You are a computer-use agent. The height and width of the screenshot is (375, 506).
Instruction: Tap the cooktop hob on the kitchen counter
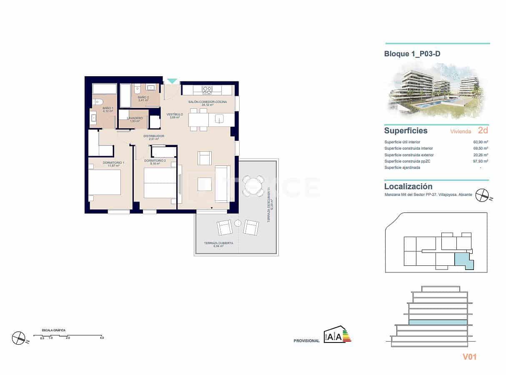[x=207, y=90]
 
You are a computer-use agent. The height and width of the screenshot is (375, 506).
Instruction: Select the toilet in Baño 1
[x=98, y=101]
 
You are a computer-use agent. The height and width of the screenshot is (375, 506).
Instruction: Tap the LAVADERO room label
[x=135, y=118]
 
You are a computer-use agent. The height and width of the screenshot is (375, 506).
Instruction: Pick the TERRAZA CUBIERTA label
[x=218, y=243]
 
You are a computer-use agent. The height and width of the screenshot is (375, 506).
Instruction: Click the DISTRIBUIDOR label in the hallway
[x=153, y=136]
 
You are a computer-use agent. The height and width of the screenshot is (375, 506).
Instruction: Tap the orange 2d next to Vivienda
[x=483, y=130]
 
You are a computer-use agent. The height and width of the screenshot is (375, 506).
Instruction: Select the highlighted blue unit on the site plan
[x=463, y=261]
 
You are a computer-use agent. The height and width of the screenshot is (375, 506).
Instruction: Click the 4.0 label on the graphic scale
[x=102, y=337]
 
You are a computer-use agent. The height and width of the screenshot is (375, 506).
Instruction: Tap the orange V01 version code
[x=469, y=357]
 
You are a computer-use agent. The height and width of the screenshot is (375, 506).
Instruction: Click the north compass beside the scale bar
[x=19, y=337]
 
